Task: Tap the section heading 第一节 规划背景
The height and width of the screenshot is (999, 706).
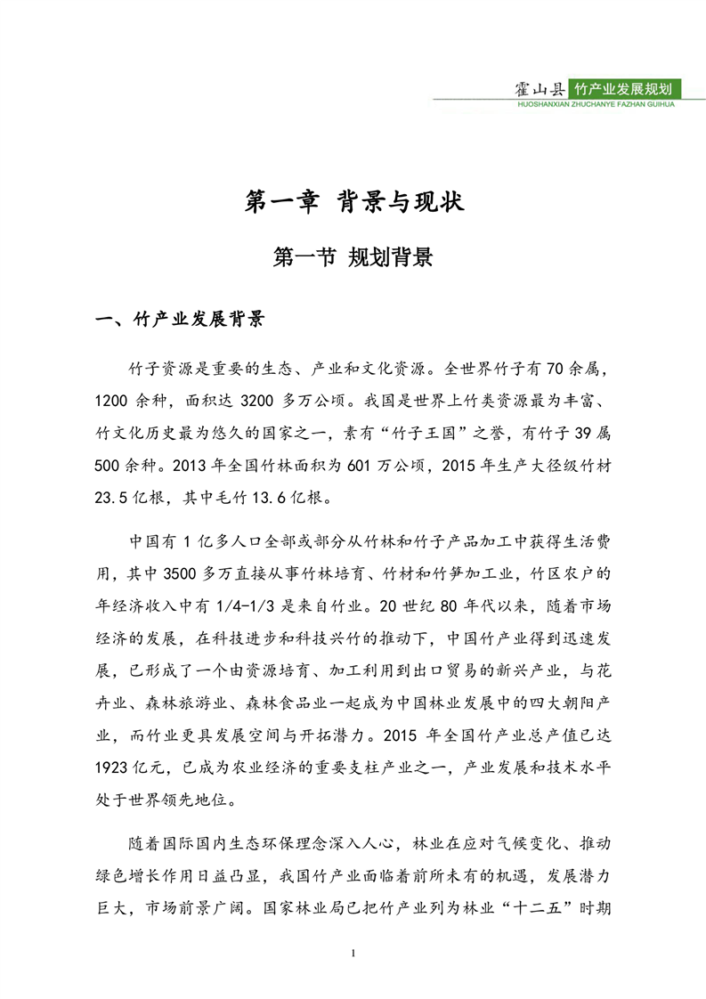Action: (x=353, y=258)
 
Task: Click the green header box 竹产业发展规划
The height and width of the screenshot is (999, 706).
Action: (x=629, y=89)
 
